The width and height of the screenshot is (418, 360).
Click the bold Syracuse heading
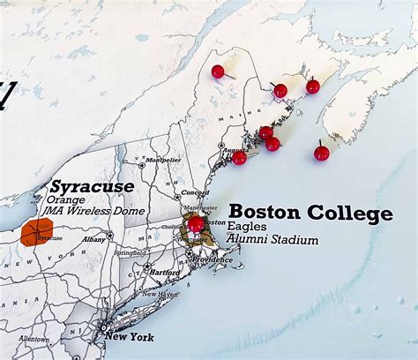pos(92,187)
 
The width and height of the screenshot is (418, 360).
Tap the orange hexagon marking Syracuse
pos(39,233)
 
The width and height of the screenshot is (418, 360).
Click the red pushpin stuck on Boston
pos(195,224)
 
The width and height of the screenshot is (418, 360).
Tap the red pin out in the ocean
pos(321,153)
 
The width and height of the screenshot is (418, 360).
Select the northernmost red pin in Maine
pos(218,71)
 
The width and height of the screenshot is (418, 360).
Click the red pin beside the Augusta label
pos(239,158)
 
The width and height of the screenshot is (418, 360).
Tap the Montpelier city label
pos(162,160)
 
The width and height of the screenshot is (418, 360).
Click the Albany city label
pos(93,239)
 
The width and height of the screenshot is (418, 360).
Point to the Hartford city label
pos(164,274)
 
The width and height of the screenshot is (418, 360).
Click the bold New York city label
pos(129,337)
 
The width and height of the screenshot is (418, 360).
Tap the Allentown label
pos(34,339)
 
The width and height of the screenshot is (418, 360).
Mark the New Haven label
pos(162,295)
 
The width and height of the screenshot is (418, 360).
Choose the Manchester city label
pos(200,207)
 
